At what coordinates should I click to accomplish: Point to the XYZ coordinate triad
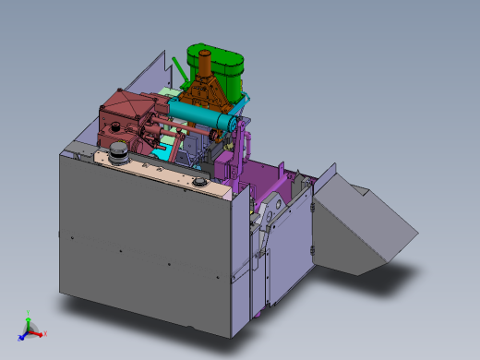[31, 329]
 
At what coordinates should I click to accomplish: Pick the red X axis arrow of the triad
[41, 333]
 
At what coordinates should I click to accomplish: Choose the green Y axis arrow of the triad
[29, 320]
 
